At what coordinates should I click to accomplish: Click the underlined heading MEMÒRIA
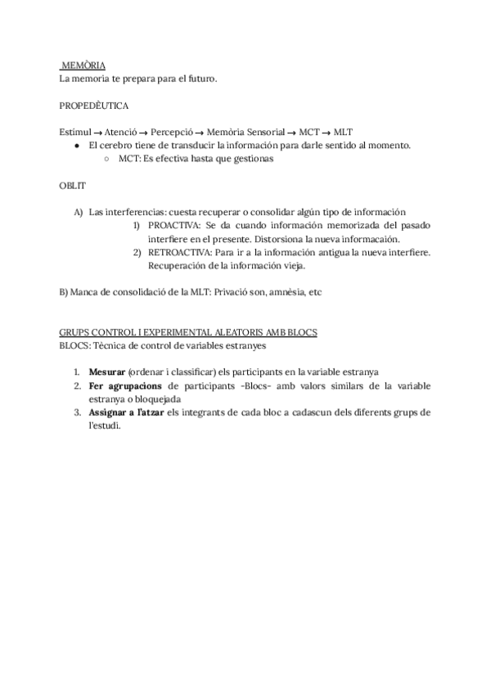tap(83, 65)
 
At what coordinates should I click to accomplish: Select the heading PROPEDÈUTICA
tap(93, 106)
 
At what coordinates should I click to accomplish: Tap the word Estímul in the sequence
tap(75, 133)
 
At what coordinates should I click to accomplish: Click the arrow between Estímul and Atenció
tap(97, 133)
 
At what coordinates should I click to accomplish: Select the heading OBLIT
tap(72, 186)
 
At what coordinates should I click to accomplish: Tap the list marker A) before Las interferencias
tap(79, 212)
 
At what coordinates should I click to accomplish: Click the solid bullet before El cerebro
tap(76, 146)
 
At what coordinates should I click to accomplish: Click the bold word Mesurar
tap(107, 372)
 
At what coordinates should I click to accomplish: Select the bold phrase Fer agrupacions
tap(125, 385)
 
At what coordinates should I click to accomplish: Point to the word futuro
tap(200, 79)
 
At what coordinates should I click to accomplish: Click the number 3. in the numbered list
tap(77, 411)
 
